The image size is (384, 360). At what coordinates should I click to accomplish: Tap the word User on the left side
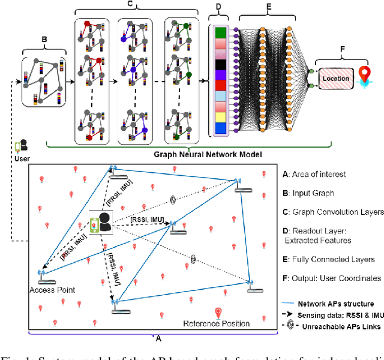23,158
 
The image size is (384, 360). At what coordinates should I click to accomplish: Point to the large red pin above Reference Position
219,313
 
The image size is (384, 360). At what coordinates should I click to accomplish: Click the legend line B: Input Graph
308,193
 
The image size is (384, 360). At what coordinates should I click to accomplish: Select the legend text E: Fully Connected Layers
328,259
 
